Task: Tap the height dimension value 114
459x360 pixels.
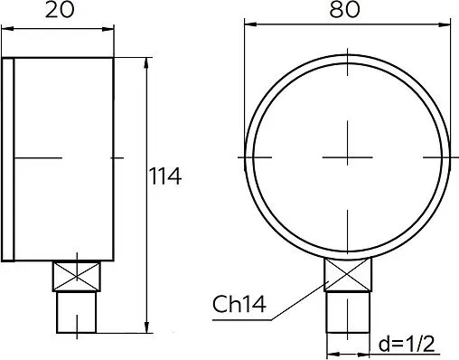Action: click(165, 177)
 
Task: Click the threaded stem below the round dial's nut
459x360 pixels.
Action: click(348, 312)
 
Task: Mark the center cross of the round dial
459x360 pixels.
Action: click(348, 156)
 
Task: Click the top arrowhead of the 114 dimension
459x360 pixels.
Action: click(146, 62)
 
